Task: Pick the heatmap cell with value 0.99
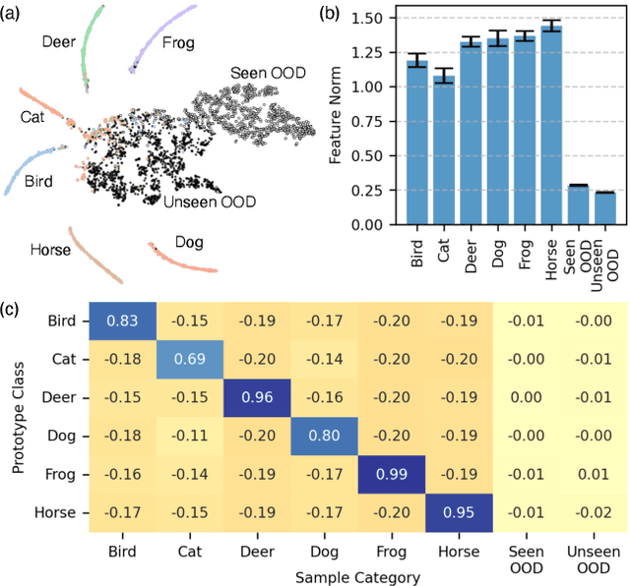391,475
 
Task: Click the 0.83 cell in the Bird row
122,321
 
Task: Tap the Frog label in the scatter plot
177,43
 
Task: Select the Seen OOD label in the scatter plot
267,74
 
